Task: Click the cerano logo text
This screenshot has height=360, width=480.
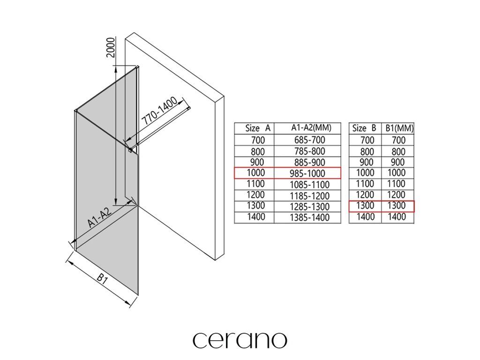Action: [x=240, y=339]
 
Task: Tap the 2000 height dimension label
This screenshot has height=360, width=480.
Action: [x=111, y=47]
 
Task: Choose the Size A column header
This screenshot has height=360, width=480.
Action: [x=258, y=128]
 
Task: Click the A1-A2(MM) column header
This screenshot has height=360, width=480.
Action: [x=311, y=127]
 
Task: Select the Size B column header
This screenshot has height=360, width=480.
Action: [x=364, y=128]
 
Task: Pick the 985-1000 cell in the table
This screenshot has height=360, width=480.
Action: [x=307, y=173]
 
